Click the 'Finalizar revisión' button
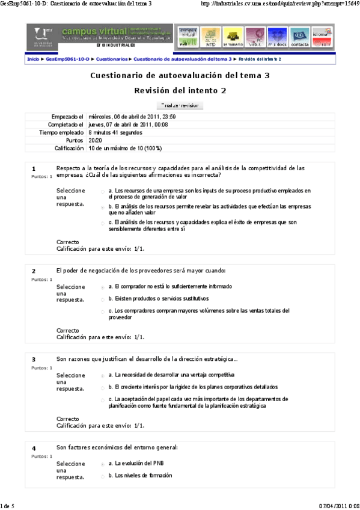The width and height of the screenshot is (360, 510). (x=180, y=105)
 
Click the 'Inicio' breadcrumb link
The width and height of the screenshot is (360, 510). (x=33, y=60)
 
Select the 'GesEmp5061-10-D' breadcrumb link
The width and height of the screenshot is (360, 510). (x=67, y=60)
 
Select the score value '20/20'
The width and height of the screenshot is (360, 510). (x=95, y=140)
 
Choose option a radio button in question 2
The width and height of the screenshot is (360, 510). (x=103, y=287)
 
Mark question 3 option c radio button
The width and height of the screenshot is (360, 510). (x=103, y=399)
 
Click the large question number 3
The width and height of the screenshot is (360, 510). (x=34, y=359)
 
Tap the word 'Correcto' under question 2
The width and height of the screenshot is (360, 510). (x=68, y=330)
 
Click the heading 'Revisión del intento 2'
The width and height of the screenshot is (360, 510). (x=180, y=90)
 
